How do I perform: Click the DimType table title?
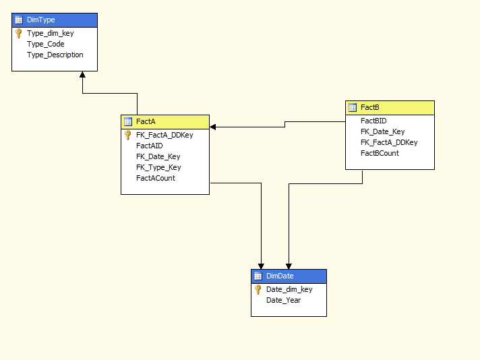pos(40,20)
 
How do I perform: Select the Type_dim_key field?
pos(50,33)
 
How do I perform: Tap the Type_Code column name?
pos(45,44)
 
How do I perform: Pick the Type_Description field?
pos(55,55)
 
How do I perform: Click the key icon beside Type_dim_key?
pos(19,33)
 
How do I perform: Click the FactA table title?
pos(146,122)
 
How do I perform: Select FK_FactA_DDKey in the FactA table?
pos(164,135)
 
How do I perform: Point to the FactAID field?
pos(149,146)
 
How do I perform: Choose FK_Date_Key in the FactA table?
pos(158,156)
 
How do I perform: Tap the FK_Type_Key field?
pos(158,167)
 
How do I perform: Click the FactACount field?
pos(155,178)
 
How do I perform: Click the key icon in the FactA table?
pos(128,135)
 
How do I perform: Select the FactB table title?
pos(369,107)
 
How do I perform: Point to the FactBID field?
pos(373,121)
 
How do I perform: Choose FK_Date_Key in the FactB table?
pos(382,131)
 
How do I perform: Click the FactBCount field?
pos(380,153)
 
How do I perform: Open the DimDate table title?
pos(280,276)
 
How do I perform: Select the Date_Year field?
pos(283,300)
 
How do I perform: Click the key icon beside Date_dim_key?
pos(258,289)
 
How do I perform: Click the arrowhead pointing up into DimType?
pos(82,76)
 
